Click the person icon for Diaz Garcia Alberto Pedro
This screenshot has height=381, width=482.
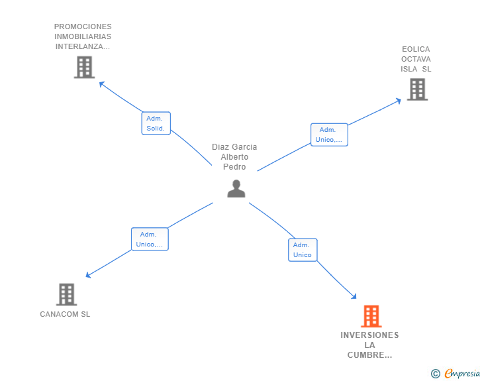[236, 188]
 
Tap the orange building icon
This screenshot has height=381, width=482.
[371, 316]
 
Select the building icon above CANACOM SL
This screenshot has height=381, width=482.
[66, 294]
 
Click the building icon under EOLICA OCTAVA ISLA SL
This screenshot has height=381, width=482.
[417, 89]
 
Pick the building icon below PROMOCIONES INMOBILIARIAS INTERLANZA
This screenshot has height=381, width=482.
[84, 67]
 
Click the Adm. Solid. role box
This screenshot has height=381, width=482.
[156, 123]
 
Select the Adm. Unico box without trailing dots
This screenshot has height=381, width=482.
[303, 250]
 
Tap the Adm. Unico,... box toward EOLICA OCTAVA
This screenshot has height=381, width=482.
[329, 135]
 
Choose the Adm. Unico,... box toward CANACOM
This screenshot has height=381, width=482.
[150, 239]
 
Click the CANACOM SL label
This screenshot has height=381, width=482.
[65, 314]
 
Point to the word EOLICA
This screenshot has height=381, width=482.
[416, 49]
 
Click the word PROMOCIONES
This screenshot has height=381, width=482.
[83, 27]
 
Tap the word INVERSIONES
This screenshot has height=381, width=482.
[369, 335]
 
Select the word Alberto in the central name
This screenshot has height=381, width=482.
[234, 157]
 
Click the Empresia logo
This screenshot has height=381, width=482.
[456, 373]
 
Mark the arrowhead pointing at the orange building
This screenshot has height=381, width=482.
[354, 296]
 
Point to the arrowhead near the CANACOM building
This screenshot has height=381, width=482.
[88, 275]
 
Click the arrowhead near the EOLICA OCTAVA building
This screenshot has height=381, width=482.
[399, 101]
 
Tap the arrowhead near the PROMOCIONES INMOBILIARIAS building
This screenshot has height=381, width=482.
[102, 83]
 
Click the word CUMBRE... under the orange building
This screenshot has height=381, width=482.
[369, 355]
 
